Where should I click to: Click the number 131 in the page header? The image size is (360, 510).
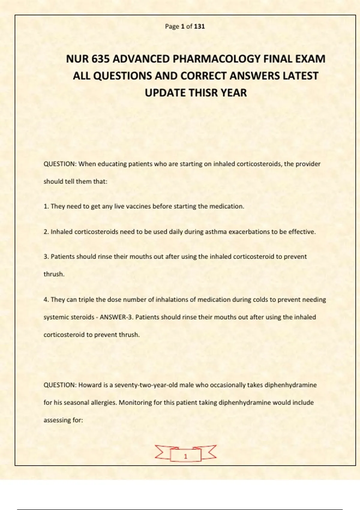(x=199, y=26)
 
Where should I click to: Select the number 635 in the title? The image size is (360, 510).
(x=100, y=59)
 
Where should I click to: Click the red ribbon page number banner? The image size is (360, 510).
(x=185, y=454)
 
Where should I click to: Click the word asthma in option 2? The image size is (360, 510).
(x=216, y=232)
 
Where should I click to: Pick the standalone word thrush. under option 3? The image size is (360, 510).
(x=54, y=274)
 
